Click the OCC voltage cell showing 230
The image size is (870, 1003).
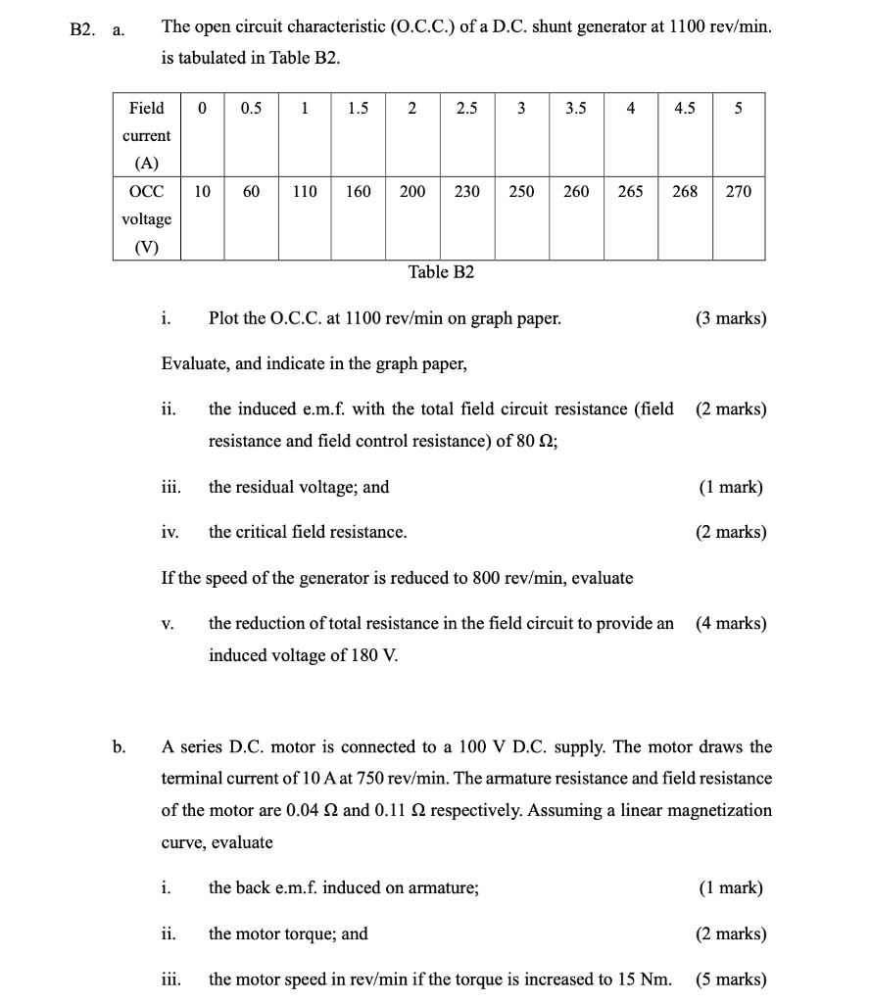point(467,192)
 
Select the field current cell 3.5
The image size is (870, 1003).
point(576,109)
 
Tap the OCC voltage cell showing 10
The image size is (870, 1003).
point(201,192)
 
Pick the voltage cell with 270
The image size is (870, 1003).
point(739,192)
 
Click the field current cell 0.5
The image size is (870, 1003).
point(251,109)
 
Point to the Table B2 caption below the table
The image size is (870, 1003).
point(441,272)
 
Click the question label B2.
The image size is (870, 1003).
point(84,30)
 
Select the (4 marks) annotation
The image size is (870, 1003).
point(731,623)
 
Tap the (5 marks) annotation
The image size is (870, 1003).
point(731,979)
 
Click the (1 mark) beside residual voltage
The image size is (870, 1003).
point(731,487)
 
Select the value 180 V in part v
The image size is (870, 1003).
point(374,655)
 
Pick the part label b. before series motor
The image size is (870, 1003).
point(119,747)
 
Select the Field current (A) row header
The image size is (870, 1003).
point(146,135)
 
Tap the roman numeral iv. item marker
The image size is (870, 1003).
point(169,532)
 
